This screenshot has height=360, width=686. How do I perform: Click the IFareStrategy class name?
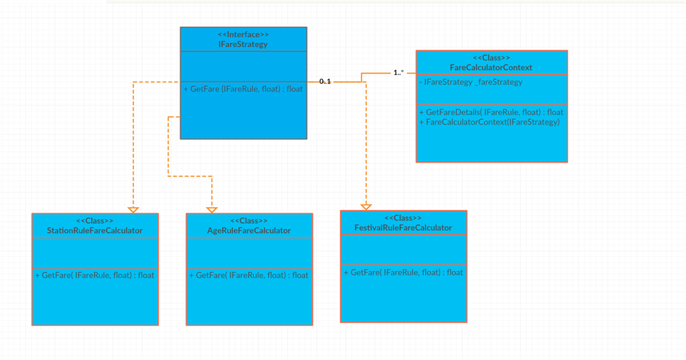[243, 44]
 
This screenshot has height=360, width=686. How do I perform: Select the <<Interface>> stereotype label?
[243, 34]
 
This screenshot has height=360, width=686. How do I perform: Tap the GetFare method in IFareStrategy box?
[243, 88]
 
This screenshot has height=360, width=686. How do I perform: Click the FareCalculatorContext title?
[491, 68]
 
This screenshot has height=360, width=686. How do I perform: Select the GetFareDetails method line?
[491, 112]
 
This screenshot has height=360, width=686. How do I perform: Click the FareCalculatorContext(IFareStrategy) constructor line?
[489, 122]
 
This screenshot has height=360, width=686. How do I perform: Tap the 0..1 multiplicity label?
[325, 81]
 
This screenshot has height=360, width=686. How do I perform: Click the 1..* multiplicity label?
[398, 72]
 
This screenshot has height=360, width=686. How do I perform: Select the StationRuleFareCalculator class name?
[94, 231]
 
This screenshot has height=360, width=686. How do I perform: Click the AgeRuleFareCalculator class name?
[249, 231]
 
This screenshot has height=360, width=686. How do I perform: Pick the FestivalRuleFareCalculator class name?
[403, 228]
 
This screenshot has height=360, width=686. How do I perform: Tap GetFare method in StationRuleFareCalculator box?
[94, 275]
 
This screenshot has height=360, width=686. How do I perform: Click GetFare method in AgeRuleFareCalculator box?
[249, 275]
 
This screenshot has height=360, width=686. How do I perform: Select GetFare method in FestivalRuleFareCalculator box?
[403, 272]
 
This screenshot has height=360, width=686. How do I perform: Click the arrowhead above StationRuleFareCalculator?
[133, 210]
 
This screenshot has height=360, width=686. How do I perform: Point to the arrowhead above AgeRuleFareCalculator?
[212, 210]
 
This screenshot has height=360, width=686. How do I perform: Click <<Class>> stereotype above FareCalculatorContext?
[491, 58]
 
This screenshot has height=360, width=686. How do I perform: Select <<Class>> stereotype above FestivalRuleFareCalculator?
[403, 219]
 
